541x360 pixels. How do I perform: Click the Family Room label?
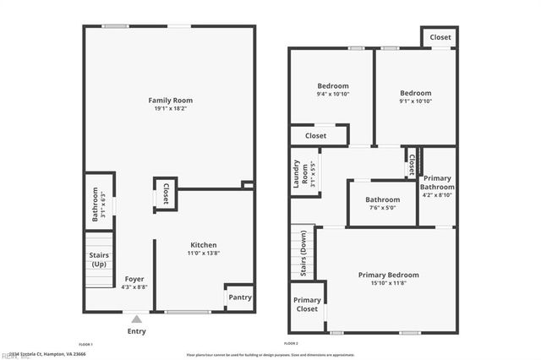(171, 101)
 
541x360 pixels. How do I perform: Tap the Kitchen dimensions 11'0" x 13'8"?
(202, 254)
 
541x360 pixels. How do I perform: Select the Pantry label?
(240, 297)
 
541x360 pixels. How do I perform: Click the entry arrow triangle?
(136, 319)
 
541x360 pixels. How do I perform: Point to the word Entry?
(136, 331)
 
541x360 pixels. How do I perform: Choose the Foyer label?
(134, 279)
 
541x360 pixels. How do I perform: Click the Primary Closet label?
(307, 304)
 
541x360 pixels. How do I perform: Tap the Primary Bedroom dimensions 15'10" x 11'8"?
(388, 283)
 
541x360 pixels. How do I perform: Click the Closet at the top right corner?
(440, 37)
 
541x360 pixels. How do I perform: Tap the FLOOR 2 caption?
(291, 345)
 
